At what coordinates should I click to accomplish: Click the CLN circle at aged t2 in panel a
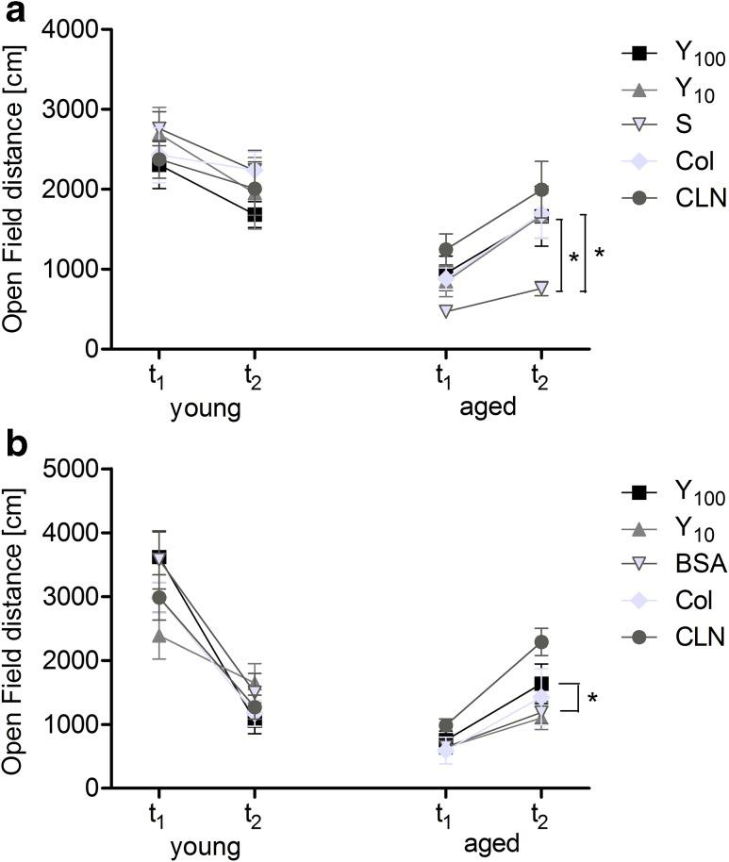pyautogui.click(x=540, y=190)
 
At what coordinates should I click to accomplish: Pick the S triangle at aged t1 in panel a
pyautogui.click(x=444, y=310)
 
